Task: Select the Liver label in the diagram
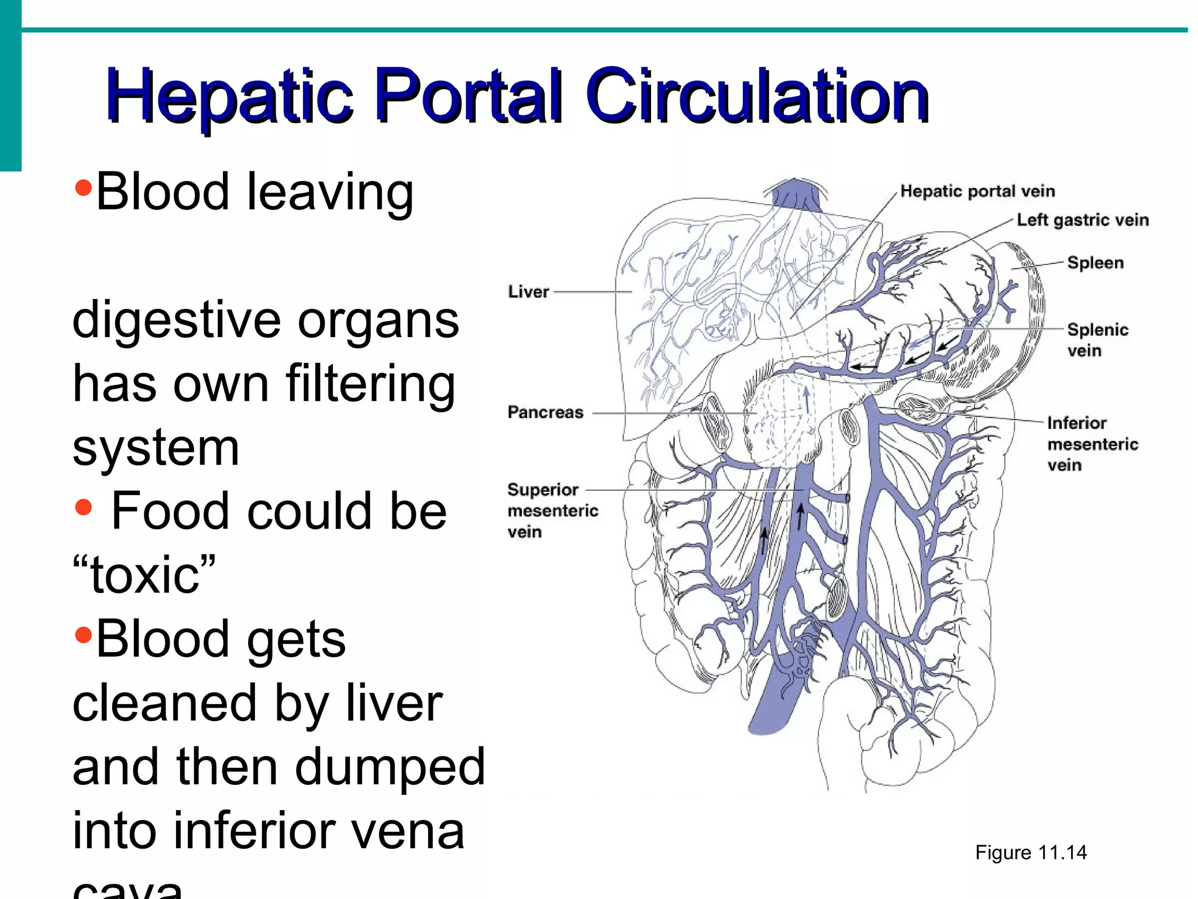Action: pyautogui.click(x=528, y=291)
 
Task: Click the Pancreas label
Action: pyautogui.click(x=545, y=412)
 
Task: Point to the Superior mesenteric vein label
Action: pyautogui.click(x=552, y=510)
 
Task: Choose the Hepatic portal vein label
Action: pyautogui.click(x=977, y=191)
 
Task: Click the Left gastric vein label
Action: pyautogui.click(x=1082, y=220)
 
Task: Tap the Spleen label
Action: pyautogui.click(x=1095, y=263)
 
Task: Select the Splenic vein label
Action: pyautogui.click(x=1097, y=339)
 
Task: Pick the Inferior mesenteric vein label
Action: pyautogui.click(x=1092, y=444)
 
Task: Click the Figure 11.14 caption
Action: pyautogui.click(x=1031, y=852)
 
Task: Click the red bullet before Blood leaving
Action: pyautogui.click(x=84, y=188)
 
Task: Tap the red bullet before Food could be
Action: pyautogui.click(x=84, y=507)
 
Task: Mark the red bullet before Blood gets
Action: pyautogui.click(x=84, y=634)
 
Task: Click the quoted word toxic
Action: pyautogui.click(x=144, y=575)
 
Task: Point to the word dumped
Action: pyautogui.click(x=390, y=767)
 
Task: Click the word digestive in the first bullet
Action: pyautogui.click(x=176, y=320)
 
